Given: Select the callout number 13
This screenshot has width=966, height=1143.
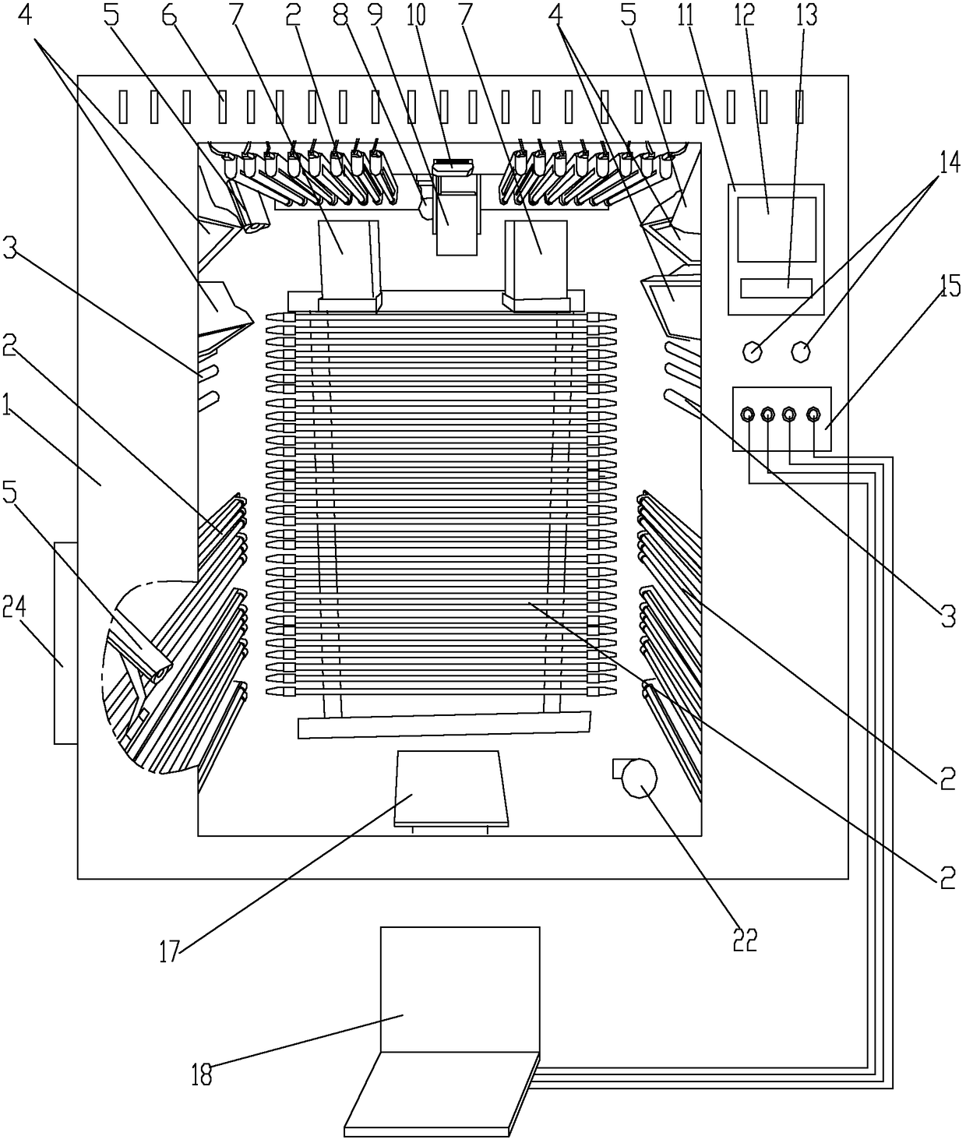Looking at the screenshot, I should (x=808, y=16).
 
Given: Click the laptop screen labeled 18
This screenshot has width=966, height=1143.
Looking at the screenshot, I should (x=460, y=986).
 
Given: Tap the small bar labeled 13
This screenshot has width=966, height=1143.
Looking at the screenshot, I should (x=776, y=288).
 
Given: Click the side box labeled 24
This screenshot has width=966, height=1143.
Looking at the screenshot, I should (x=65, y=643).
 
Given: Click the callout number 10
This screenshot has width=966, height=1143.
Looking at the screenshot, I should (x=449, y=16).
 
